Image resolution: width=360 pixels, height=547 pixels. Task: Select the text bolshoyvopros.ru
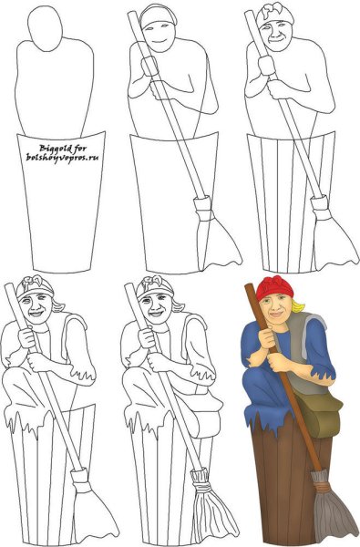pyautogui.click(x=64, y=156)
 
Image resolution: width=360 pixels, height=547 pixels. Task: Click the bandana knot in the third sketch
pyautogui.click(x=273, y=13)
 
